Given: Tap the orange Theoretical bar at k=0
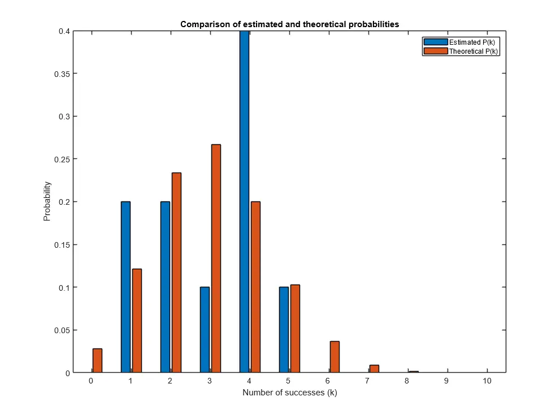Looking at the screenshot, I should point(97,361).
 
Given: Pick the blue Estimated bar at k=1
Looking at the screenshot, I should point(125,287).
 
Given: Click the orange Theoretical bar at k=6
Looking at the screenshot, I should point(335,357).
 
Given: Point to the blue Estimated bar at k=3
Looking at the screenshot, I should point(205,330).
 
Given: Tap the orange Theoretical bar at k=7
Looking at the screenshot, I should point(374,369).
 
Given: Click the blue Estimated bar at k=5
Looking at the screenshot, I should point(284,330).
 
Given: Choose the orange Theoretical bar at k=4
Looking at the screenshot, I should point(255,287).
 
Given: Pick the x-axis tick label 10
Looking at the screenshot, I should point(487,381).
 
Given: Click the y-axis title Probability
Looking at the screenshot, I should point(47,201).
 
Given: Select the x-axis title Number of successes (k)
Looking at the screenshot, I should point(289,393).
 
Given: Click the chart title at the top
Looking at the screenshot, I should point(289,24).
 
